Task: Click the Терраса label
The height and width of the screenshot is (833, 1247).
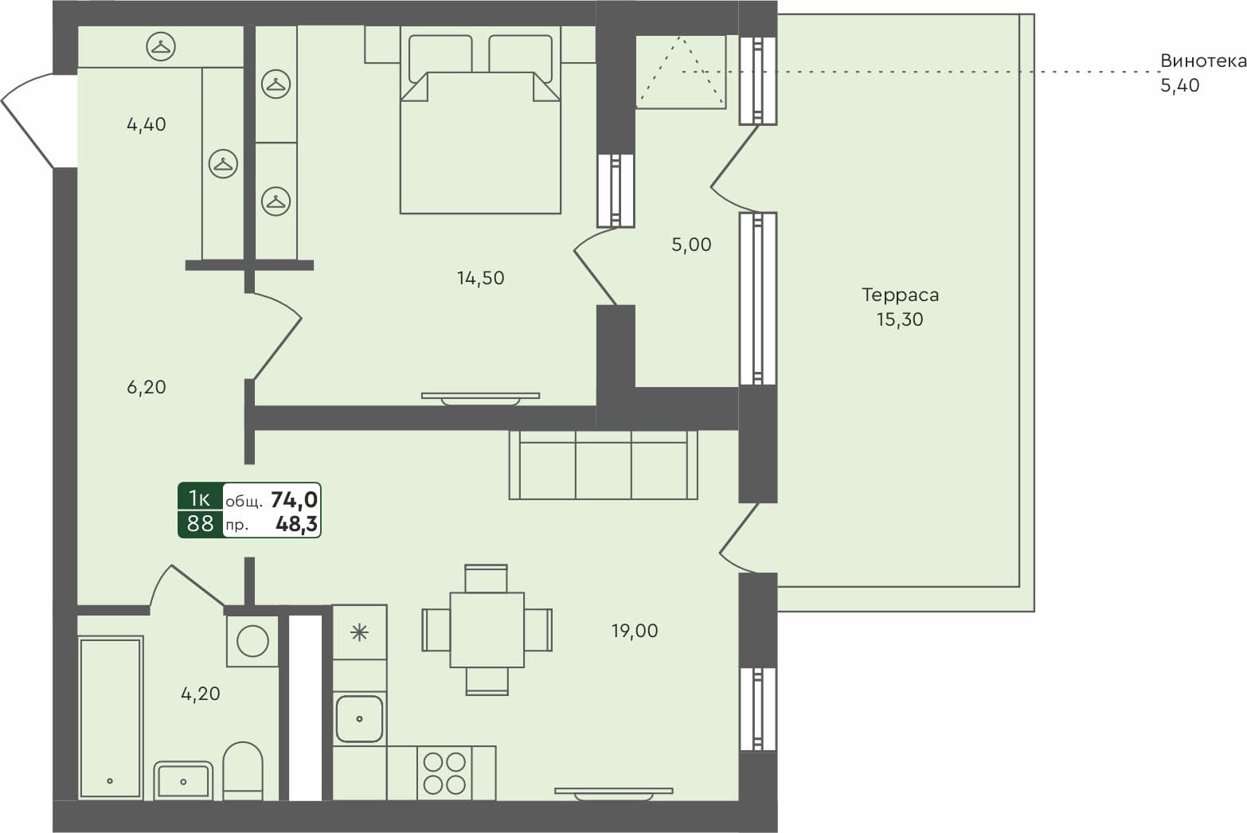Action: [x=900, y=295]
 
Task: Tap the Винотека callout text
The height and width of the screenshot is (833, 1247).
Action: [x=1202, y=61]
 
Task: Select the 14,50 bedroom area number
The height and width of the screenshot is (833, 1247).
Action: [x=480, y=278]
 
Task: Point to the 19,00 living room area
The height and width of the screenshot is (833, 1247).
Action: [x=634, y=631]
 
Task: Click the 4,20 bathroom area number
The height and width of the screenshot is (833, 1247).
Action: [x=200, y=694]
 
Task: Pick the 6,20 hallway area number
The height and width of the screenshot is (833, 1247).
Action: [x=147, y=387]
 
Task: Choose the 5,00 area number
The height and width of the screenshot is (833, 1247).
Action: [x=690, y=244]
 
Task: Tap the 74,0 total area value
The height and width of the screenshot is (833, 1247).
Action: [x=294, y=499]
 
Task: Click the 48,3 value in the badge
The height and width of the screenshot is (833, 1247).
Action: [x=296, y=523]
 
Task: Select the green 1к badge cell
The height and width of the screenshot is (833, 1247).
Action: [x=199, y=498]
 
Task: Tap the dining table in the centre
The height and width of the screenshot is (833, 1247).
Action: [x=487, y=630]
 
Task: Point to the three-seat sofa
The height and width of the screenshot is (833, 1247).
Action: [x=603, y=466]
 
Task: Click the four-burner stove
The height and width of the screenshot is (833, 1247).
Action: [x=444, y=772]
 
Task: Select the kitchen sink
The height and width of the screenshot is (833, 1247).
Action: [x=359, y=718]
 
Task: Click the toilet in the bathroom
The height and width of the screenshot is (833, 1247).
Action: [x=243, y=770]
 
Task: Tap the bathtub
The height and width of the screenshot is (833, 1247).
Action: [x=111, y=717]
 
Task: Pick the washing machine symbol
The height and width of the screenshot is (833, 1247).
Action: [x=252, y=640]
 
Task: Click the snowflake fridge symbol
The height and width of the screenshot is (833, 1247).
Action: [x=359, y=632]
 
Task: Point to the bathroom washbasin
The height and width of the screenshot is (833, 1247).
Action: [x=183, y=780]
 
